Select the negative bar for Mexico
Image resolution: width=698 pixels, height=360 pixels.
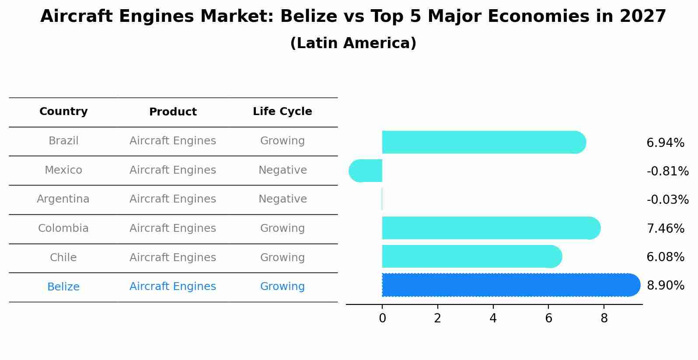[366, 171]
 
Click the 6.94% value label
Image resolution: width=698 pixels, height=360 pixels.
[665, 143]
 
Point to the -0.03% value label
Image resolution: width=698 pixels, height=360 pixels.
[667, 200]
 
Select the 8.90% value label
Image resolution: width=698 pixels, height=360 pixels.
[665, 286]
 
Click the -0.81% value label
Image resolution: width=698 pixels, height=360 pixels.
[667, 171]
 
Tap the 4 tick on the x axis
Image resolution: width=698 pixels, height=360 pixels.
[493, 318]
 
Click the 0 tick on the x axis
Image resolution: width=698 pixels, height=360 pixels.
[382, 318]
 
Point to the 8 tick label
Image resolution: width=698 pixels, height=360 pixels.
[604, 318]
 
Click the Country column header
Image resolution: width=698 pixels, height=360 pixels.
[63, 112]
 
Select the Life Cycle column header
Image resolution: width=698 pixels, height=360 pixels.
[282, 112]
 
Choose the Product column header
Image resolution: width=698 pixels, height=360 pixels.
[173, 112]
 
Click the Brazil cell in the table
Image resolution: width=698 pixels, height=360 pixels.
[63, 141]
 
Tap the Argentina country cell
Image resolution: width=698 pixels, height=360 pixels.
[63, 199]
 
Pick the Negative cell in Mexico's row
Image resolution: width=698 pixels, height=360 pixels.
[283, 170]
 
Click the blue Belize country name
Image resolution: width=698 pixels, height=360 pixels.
[63, 287]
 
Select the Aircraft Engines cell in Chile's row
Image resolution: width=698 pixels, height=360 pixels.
[173, 258]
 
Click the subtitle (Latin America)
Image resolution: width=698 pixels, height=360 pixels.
[353, 43]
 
